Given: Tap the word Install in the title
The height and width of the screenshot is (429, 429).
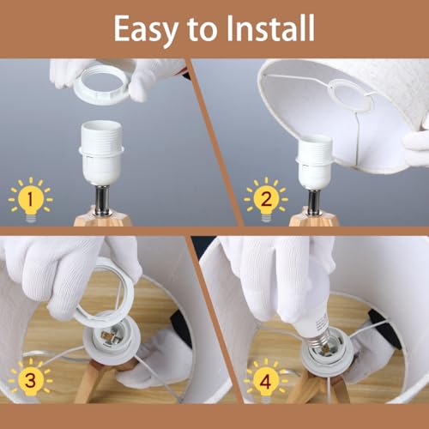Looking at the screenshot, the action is coord(270,27).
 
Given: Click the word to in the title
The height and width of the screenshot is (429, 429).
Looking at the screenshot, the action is coord(202,29).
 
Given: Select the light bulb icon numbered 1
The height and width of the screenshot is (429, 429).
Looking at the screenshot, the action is coord(30,199).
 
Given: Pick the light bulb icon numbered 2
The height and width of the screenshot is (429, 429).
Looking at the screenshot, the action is coord(266,199).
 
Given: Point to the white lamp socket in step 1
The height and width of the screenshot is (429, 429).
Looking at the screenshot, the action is coord(101,153).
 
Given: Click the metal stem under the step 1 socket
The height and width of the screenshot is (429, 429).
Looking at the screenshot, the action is coord(103,199).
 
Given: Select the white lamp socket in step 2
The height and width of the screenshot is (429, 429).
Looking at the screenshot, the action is coord(315,161).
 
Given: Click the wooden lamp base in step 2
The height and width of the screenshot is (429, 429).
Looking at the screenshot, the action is coord(313,218).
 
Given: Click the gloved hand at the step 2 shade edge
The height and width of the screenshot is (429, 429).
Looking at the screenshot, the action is coord(416,142).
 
